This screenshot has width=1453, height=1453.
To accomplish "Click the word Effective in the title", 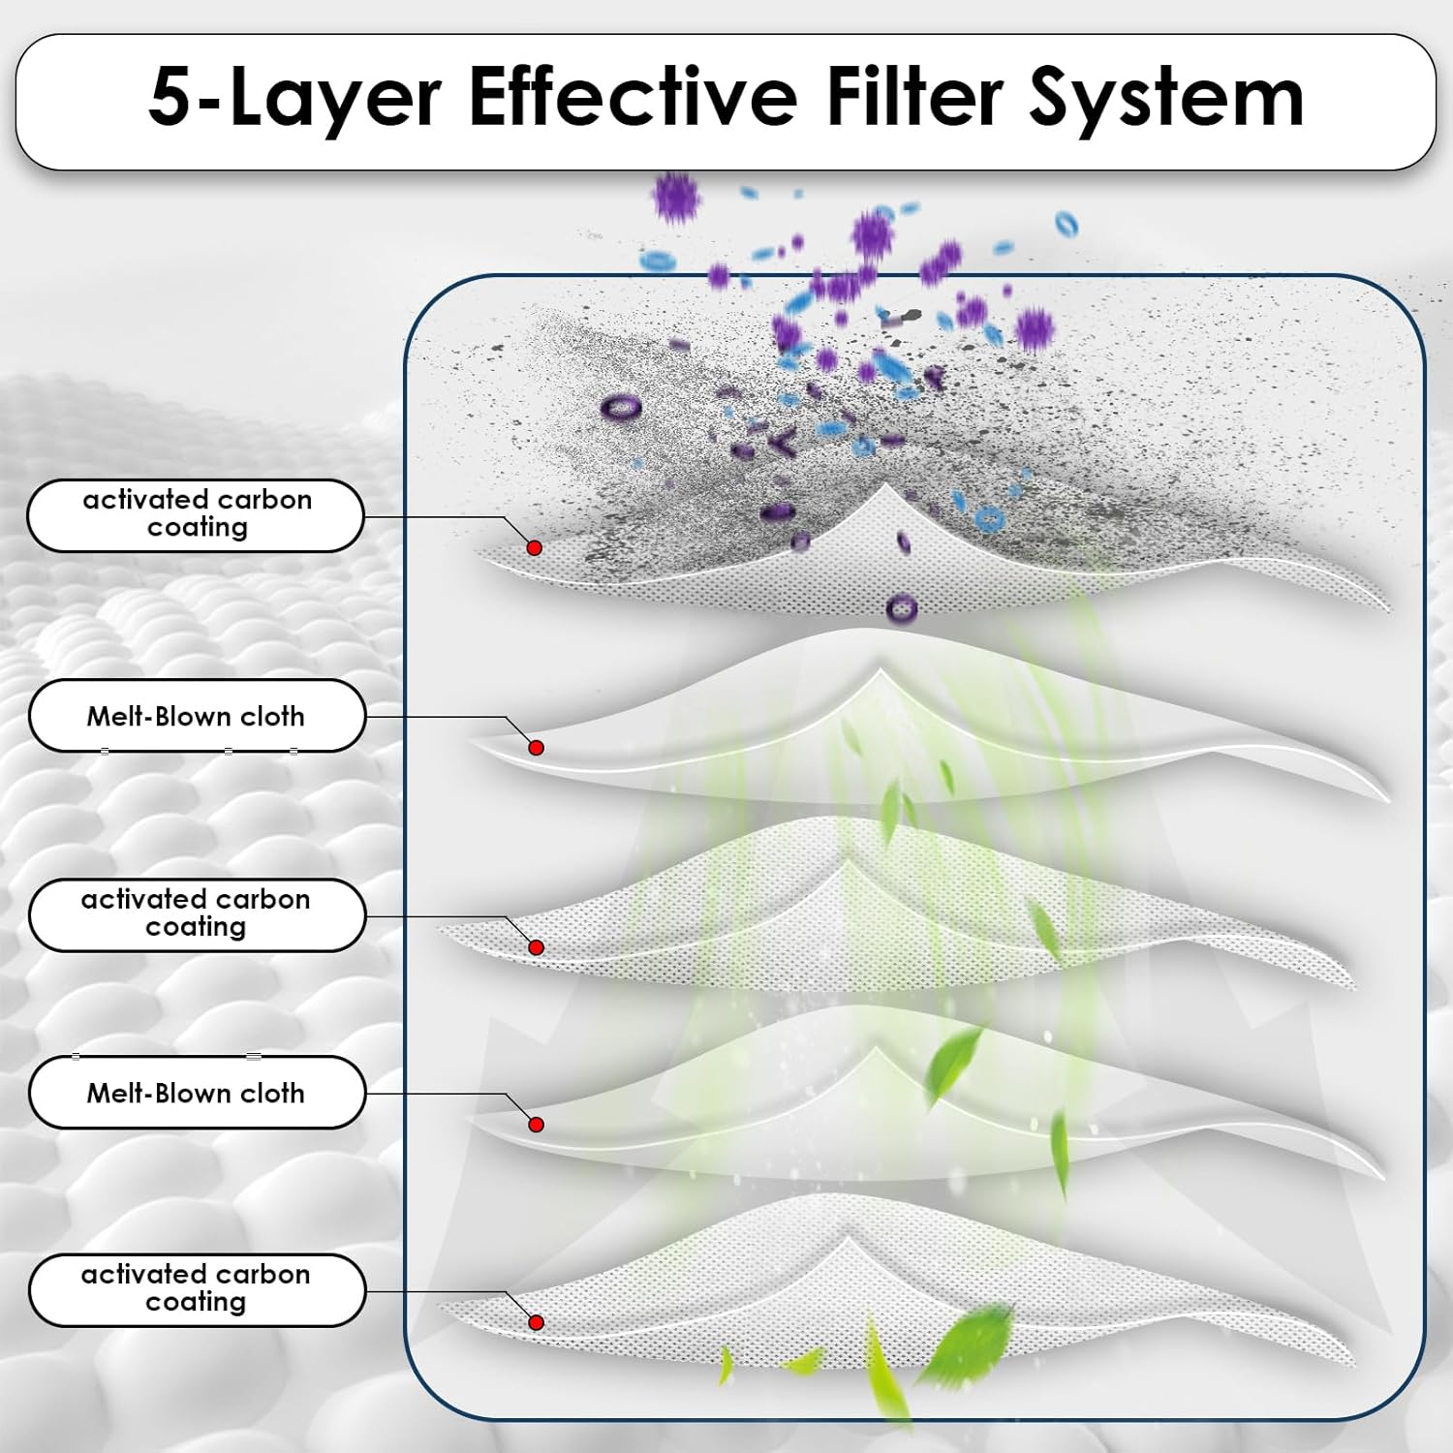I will click(632, 98).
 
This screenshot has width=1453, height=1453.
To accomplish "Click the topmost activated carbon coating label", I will click(196, 514).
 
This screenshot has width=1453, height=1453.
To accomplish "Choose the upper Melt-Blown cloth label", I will click(196, 716).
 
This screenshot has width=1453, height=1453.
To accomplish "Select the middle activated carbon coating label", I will click(196, 913).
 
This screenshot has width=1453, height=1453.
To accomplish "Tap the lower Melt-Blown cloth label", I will click(196, 1093).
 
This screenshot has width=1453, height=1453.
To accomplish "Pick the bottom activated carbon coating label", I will click(196, 1288).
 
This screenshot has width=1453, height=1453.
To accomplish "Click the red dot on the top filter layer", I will click(534, 547).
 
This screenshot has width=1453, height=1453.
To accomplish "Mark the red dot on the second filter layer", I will click(536, 747).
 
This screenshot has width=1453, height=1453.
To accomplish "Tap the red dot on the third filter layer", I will click(536, 947).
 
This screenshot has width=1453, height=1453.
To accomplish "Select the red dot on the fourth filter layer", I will click(536, 1124).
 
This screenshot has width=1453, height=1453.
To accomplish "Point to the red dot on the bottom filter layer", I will click(536, 1322).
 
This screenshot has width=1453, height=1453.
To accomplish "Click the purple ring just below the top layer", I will click(901, 608).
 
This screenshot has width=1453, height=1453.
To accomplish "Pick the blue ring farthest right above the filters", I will click(1066, 224).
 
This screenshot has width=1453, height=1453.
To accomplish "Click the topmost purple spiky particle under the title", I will click(675, 198).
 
